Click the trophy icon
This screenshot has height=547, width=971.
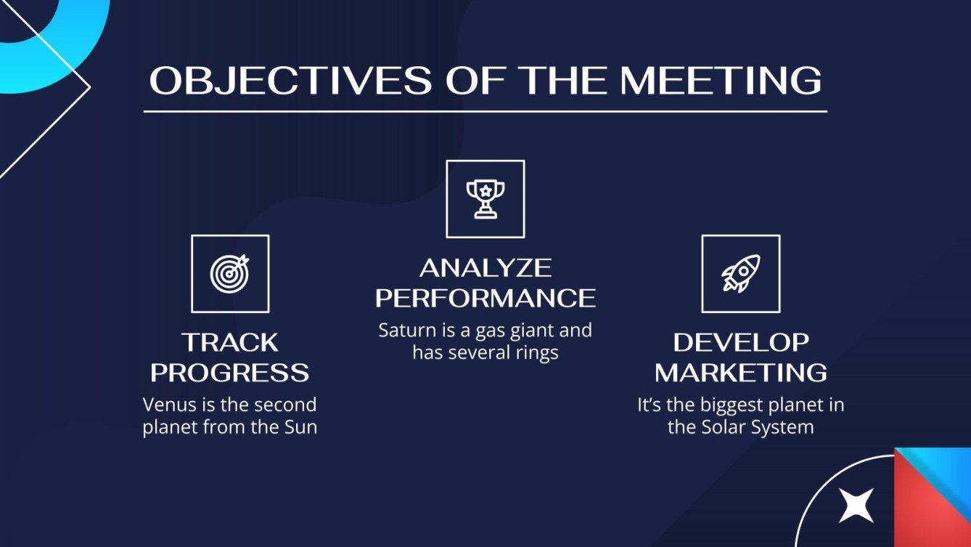coord(485,199)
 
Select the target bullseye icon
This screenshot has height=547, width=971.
coord(230,273)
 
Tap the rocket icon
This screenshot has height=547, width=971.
coord(740,273)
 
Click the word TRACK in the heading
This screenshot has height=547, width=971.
coord(229,342)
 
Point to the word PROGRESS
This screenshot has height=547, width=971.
coord(229,373)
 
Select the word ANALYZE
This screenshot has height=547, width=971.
coord(485,268)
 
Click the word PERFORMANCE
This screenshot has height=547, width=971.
coord(485,298)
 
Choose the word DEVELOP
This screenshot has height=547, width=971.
coord(740,342)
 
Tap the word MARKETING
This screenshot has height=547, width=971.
coord(740,373)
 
